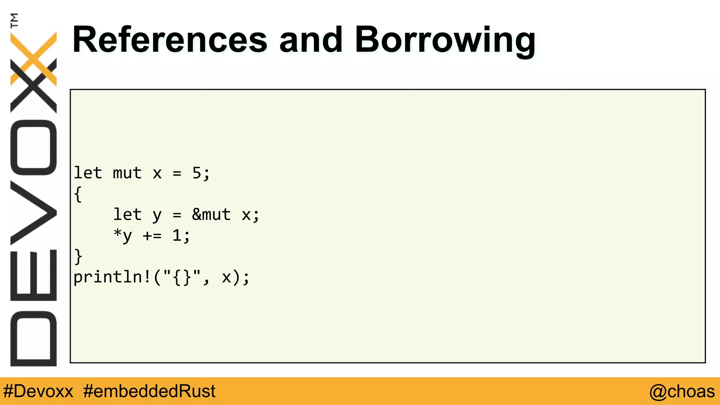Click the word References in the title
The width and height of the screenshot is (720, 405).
(x=169, y=40)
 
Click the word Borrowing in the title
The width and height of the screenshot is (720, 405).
(x=445, y=40)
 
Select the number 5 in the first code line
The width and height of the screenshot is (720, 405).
(x=197, y=173)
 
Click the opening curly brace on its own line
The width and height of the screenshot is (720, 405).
(x=78, y=194)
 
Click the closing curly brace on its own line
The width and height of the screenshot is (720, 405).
(x=78, y=256)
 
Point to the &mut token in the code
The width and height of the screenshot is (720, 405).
(x=211, y=214)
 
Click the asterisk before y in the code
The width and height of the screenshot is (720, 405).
(x=117, y=233)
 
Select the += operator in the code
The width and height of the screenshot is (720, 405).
(x=152, y=236)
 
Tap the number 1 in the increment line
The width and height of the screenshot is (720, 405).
(x=176, y=235)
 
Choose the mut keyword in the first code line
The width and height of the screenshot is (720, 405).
(x=127, y=173)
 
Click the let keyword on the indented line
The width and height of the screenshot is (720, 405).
(x=127, y=214)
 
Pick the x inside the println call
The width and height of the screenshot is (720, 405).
(x=227, y=277)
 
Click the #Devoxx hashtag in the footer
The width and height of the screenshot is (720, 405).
(x=38, y=391)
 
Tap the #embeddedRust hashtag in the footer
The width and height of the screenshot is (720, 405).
(x=149, y=391)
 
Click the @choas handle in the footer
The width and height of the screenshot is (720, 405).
(x=682, y=391)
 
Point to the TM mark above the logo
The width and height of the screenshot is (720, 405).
(x=14, y=20)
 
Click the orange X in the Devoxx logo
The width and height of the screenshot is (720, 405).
(x=34, y=58)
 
